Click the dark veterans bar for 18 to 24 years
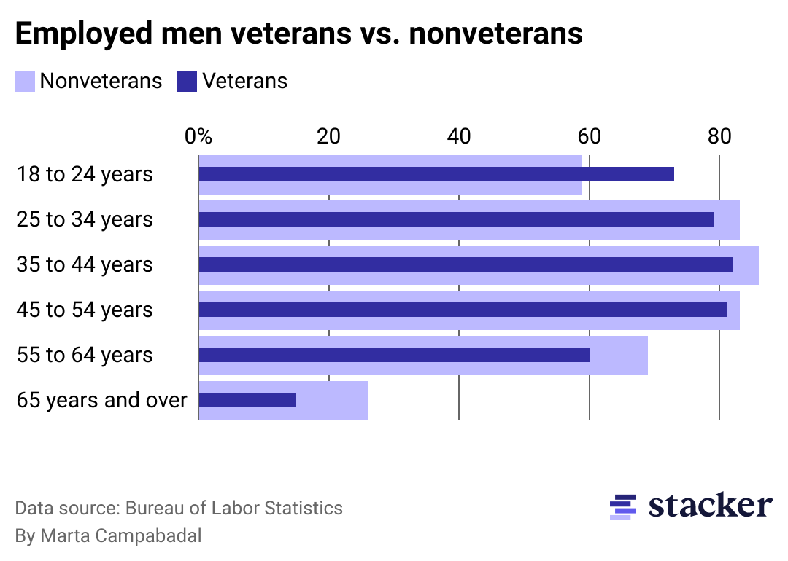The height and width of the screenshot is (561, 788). (x=436, y=174)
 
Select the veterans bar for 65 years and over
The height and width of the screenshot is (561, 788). (x=247, y=400)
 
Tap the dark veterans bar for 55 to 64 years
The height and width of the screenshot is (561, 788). (x=394, y=355)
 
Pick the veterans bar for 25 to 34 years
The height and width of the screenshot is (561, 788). (x=455, y=219)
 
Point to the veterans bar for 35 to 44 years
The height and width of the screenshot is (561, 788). (x=465, y=264)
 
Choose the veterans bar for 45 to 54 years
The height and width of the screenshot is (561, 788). (x=462, y=310)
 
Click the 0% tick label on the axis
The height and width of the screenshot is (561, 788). (x=198, y=136)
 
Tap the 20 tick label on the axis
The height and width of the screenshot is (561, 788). (x=328, y=136)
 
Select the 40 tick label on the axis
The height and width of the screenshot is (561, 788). (x=458, y=136)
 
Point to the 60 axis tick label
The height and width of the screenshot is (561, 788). (x=589, y=136)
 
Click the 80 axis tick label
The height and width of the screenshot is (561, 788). (x=719, y=136)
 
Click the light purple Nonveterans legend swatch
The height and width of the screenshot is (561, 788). (x=25, y=81)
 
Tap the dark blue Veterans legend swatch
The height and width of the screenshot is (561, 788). (x=187, y=81)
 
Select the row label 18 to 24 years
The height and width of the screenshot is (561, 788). (x=85, y=175)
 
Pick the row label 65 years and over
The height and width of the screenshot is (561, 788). (x=101, y=401)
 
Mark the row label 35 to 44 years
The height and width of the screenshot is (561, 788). (x=85, y=265)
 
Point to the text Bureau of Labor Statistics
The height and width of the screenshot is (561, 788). (x=234, y=508)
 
